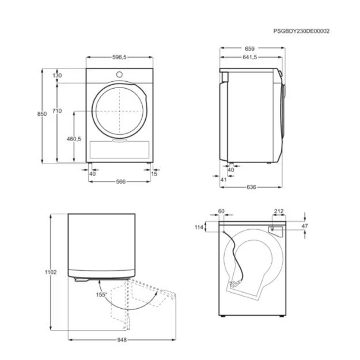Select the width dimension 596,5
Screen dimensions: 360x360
click(119, 58)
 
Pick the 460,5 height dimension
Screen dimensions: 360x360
click(74, 139)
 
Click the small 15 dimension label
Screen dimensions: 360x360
click(154, 173)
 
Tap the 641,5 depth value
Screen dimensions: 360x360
click(250, 58)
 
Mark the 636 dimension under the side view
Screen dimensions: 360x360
click(251, 188)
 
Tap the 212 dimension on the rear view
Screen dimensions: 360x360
click(279, 211)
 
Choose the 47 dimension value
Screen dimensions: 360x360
click(305, 226)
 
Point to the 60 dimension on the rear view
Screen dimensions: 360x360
click(222, 211)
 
